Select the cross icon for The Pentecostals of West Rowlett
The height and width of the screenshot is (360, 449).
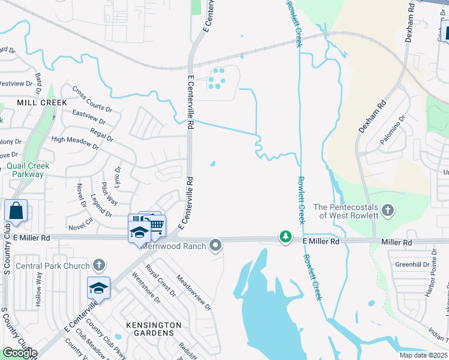coord(388,211)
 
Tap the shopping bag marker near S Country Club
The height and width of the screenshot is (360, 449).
coord(16,211)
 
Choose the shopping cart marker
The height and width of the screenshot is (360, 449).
coord(156,226)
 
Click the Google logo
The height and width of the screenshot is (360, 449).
coord(20,353)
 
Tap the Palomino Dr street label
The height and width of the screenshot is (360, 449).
coord(393,130)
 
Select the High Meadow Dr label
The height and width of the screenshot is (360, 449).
coord(75,142)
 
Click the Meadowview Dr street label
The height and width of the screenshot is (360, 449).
coord(193,292)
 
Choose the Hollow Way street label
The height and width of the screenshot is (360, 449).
coord(38,289)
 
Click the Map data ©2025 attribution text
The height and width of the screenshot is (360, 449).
coord(424,355)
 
